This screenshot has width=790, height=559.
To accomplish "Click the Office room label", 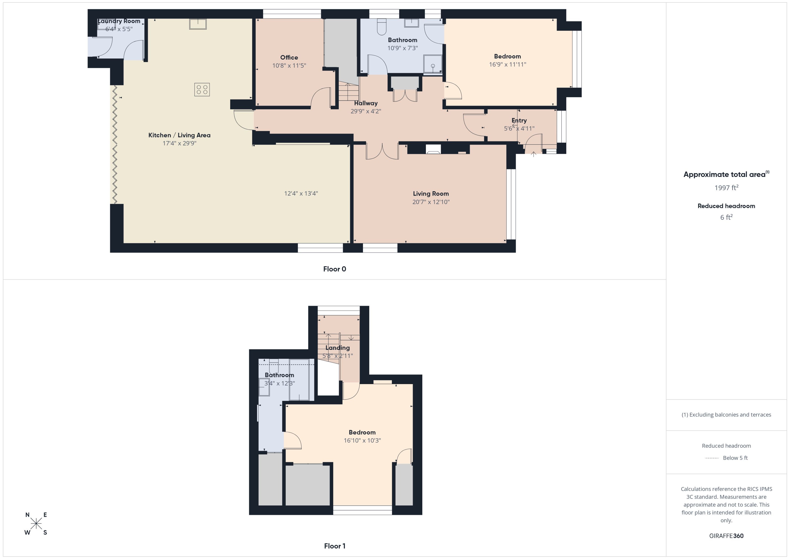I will pyautogui.click(x=289, y=58).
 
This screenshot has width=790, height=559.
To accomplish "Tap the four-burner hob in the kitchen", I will pyautogui.click(x=202, y=90).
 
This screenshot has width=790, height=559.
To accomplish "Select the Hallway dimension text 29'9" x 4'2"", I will pyautogui.click(x=366, y=111).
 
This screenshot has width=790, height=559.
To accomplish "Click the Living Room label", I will pyautogui.click(x=431, y=194).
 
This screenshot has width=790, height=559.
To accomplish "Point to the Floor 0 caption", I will pyautogui.click(x=334, y=269).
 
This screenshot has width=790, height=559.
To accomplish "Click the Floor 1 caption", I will pyautogui.click(x=334, y=546).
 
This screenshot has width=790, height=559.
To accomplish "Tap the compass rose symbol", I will pyautogui.click(x=36, y=524).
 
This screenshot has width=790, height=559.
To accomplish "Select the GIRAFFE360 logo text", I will pyautogui.click(x=726, y=536).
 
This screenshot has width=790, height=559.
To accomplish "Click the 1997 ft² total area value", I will pyautogui.click(x=726, y=188).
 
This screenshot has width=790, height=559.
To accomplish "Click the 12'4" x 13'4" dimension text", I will pyautogui.click(x=301, y=193).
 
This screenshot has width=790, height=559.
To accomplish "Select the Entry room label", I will pyautogui.click(x=519, y=121).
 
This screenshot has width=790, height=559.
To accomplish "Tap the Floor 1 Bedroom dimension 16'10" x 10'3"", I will pyautogui.click(x=362, y=441).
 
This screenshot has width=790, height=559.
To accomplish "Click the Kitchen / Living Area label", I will pyautogui.click(x=179, y=135).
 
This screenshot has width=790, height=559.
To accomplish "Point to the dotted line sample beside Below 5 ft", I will pyautogui.click(x=711, y=458).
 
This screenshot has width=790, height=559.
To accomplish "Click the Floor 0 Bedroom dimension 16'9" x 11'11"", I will pyautogui.click(x=507, y=64).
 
